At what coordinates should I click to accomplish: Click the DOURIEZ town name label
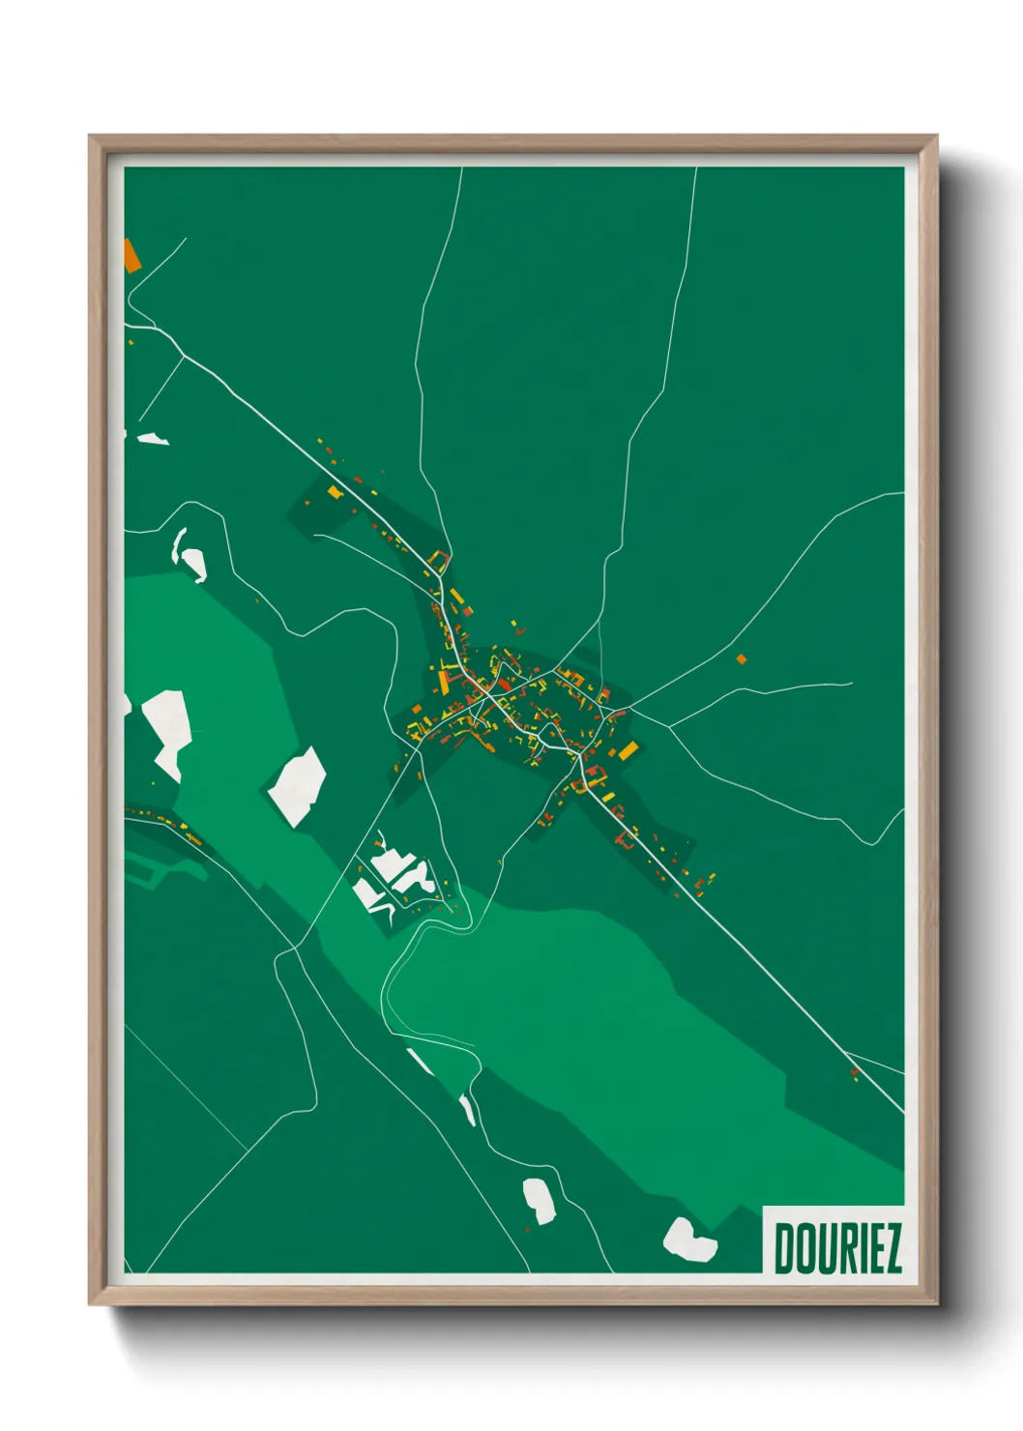click(837, 1248)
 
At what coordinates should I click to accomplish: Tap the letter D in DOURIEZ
click(783, 1248)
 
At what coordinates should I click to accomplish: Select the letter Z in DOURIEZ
click(891, 1248)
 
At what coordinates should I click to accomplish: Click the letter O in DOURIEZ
click(803, 1248)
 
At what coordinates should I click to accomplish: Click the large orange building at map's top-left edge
click(132, 254)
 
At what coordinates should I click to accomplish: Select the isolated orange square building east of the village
click(742, 659)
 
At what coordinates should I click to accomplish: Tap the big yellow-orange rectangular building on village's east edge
click(628, 750)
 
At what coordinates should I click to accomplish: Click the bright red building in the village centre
click(504, 685)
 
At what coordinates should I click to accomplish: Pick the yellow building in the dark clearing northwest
click(335, 492)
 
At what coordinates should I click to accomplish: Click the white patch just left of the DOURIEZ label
click(689, 1240)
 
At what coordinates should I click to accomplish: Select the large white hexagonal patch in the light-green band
click(297, 785)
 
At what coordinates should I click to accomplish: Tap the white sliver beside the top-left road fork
click(153, 439)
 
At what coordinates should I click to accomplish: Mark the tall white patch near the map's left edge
click(166, 730)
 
